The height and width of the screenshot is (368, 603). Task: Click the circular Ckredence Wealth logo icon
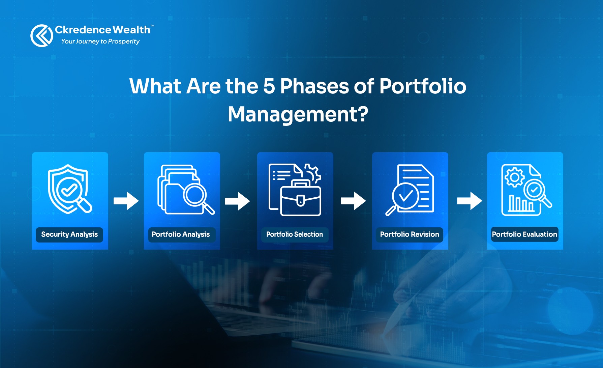[x=42, y=36]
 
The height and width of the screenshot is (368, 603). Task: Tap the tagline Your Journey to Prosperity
[x=100, y=41]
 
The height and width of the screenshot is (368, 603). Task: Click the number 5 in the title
[x=269, y=86]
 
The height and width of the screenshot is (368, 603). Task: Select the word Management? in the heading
[x=298, y=114]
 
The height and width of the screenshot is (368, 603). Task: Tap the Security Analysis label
[x=69, y=234]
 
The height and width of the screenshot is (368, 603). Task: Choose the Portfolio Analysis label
[x=181, y=234]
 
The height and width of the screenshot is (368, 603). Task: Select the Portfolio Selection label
[x=295, y=234]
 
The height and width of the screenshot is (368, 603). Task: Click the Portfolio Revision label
[x=410, y=234]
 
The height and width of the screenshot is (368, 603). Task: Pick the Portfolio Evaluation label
[x=524, y=234]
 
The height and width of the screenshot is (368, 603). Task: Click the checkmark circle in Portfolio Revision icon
[x=406, y=196]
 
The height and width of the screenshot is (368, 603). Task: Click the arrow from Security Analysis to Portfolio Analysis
[x=126, y=201]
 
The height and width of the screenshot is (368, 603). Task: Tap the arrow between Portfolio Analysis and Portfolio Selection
[x=237, y=201]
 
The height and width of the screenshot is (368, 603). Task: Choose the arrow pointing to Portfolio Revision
[x=353, y=201]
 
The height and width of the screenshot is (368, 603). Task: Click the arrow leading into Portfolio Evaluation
[x=469, y=201]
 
